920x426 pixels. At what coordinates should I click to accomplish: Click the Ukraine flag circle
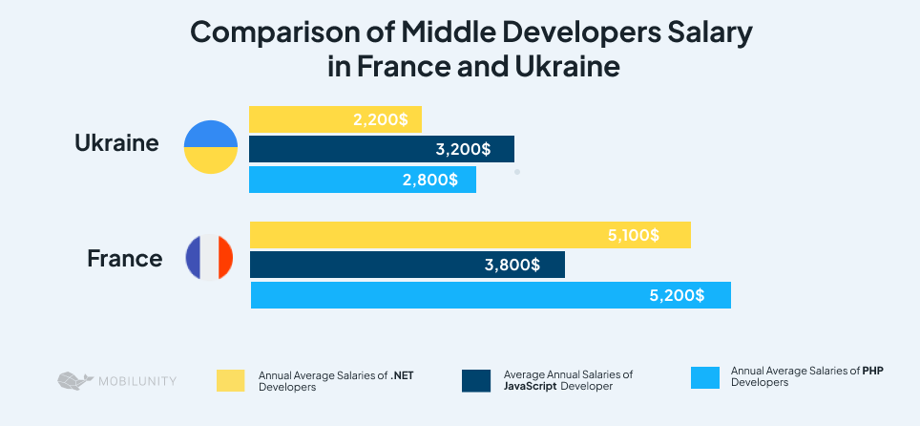[210, 147]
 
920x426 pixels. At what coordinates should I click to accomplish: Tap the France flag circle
[210, 258]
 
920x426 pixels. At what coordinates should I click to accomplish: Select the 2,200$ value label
[380, 119]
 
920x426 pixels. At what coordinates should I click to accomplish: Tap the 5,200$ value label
[677, 295]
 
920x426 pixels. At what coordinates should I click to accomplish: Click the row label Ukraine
[116, 144]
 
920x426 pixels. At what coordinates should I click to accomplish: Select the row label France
[124, 258]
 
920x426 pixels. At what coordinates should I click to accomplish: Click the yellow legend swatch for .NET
[230, 380]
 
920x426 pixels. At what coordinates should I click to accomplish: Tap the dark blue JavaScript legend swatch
[474, 380]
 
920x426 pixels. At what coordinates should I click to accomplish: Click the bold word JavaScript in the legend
[530, 386]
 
